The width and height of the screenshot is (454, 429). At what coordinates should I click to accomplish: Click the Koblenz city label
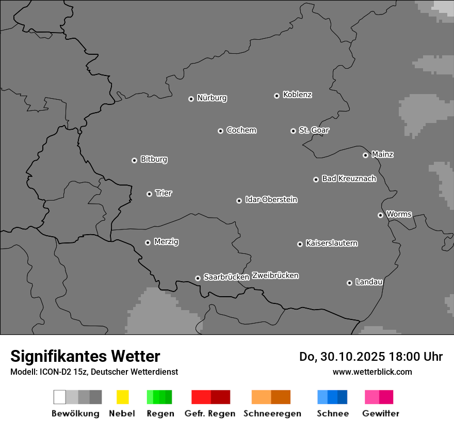[x=297, y=95]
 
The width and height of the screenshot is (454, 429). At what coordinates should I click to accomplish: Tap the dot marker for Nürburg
[x=191, y=99]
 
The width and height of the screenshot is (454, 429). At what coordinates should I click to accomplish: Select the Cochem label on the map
[x=241, y=130]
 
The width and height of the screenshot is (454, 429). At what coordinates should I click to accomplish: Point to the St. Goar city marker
[x=293, y=131]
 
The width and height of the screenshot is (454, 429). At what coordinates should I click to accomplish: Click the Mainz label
[x=382, y=155]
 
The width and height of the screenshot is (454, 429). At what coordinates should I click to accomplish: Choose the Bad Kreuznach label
[x=349, y=179]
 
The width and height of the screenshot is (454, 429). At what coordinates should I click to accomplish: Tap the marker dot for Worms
[x=380, y=215]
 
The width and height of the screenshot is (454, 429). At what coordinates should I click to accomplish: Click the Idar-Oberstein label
[x=271, y=200]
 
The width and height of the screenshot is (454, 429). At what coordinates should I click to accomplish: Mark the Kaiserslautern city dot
[x=300, y=244]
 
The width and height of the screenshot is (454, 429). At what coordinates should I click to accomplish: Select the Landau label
[x=369, y=282]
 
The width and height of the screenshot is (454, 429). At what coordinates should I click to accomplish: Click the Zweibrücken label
[x=275, y=275]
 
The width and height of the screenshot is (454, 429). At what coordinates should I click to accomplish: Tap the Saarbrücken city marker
[x=198, y=278]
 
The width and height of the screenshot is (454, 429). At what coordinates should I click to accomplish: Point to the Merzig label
[x=166, y=242]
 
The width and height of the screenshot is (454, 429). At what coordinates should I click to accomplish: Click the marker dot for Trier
[x=149, y=194]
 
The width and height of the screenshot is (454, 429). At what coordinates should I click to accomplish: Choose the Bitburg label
[x=154, y=159]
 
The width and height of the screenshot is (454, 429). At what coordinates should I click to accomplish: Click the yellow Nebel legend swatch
[x=122, y=397]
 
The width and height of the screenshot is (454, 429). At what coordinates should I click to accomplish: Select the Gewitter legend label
[x=380, y=413]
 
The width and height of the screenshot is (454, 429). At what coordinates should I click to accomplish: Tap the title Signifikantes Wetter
[x=85, y=356]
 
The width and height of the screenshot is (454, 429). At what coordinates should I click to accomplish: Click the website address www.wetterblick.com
[x=372, y=372]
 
